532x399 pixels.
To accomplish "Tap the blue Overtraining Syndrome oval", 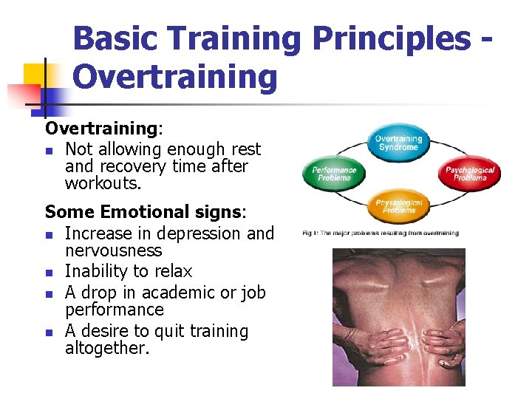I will tap(398, 143).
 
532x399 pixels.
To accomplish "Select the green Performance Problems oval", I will tap(335, 174).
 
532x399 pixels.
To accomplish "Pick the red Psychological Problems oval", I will tap(470, 174).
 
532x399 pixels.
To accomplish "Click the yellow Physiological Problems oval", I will tap(398, 206).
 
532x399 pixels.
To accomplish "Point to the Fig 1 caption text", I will tap(381, 233).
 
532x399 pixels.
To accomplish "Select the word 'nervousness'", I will tap(113, 251).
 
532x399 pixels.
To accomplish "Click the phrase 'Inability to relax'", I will tap(129, 271).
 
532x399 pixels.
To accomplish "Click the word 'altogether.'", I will tap(107, 349).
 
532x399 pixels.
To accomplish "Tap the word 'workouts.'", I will tap(102, 183).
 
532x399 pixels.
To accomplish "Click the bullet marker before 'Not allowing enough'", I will tap(49, 151).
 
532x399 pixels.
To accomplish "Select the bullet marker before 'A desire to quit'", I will tap(49, 332).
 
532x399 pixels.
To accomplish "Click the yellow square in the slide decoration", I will tap(36, 75).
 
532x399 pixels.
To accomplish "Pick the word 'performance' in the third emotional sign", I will tap(114, 310).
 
